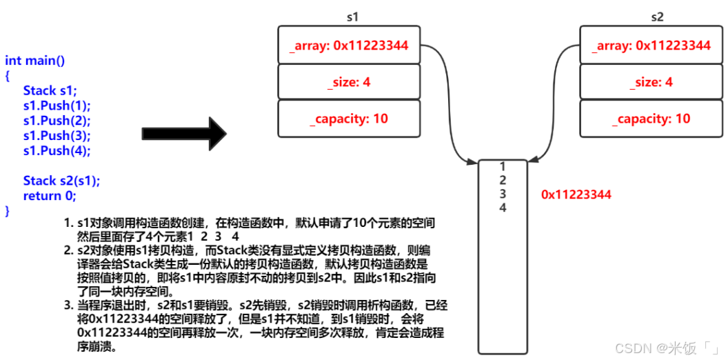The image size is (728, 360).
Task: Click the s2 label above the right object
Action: [656, 16]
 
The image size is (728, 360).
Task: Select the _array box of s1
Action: [349, 46]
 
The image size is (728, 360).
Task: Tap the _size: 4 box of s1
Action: [349, 82]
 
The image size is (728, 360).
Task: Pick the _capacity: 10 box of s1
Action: [349, 119]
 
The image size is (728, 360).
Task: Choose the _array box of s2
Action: [651, 46]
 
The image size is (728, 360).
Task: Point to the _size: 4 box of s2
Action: [651, 82]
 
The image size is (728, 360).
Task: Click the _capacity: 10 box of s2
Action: [651, 119]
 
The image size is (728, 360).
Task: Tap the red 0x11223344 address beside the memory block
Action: [576, 194]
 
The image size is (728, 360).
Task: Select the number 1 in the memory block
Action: [503, 166]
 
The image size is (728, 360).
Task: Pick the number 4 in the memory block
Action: [503, 208]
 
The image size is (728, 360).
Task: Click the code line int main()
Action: [35, 61]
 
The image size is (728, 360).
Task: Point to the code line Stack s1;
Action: [51, 90]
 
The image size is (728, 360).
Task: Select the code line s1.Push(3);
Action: [57, 135]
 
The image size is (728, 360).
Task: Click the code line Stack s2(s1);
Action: [61, 181]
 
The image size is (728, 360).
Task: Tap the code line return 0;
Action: [49, 196]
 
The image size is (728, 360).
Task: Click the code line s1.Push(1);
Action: [57, 106]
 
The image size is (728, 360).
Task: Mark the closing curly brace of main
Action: [8, 210]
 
